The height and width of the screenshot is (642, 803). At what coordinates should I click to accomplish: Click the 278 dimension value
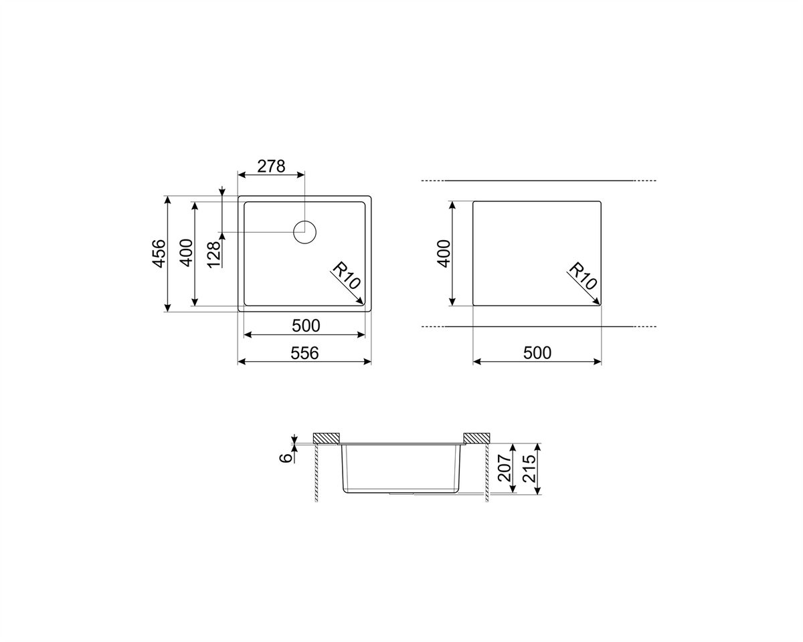click(x=271, y=167)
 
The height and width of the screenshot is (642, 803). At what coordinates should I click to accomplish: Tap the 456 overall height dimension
click(x=159, y=253)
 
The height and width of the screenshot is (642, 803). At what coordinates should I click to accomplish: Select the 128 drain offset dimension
click(x=214, y=255)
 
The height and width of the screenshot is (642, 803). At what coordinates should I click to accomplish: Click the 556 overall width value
click(x=304, y=353)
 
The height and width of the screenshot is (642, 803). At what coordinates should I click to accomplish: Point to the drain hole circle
click(x=305, y=221)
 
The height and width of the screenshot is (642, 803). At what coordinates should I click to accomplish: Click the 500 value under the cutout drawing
click(x=537, y=353)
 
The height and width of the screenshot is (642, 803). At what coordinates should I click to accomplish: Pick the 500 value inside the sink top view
click(x=306, y=326)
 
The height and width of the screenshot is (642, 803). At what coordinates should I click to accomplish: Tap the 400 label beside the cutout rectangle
click(x=444, y=253)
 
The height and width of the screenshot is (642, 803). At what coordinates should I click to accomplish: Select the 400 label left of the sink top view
click(x=187, y=253)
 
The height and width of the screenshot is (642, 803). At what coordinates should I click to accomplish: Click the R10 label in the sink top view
click(x=346, y=276)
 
